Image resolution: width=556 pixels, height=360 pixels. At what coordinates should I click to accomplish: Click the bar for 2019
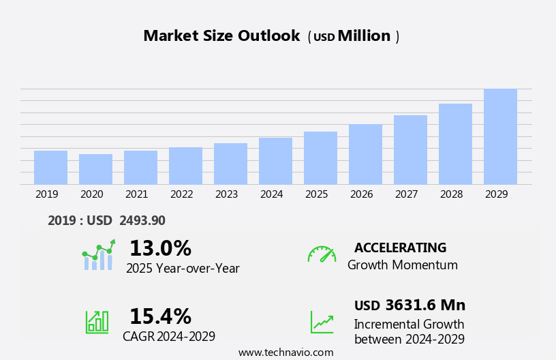point(50,167)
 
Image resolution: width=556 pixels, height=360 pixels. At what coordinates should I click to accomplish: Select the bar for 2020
point(95,169)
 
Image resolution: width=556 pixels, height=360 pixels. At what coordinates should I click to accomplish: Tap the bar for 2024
point(275,161)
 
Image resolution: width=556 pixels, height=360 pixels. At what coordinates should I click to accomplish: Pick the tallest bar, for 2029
point(500,136)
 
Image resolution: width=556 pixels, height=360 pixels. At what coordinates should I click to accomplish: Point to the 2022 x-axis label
point(181,194)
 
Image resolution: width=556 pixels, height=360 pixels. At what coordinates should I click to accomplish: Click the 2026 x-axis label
point(361,194)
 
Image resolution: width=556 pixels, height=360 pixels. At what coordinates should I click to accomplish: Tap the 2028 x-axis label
point(451,194)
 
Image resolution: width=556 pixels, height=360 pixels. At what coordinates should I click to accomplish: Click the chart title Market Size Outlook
point(221,36)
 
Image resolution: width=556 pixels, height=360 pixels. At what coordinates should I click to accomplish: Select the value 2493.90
point(142,220)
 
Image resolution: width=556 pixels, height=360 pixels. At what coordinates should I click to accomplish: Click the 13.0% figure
point(160,248)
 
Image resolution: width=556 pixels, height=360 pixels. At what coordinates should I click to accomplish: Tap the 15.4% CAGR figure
point(160,316)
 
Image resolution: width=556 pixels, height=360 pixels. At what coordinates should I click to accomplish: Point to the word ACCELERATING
point(400,247)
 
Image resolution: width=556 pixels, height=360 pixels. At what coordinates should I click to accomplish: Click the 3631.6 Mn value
point(425,305)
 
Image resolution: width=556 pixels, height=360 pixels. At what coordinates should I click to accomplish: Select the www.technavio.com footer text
point(285,352)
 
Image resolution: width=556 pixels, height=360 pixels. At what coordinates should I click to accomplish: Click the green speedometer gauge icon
point(322,254)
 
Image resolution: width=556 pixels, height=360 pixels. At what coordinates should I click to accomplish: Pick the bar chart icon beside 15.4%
point(97,322)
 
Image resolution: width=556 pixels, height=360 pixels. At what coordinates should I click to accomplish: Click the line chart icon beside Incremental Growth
point(322,322)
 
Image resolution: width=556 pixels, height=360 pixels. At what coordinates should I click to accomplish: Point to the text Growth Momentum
point(402,265)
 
